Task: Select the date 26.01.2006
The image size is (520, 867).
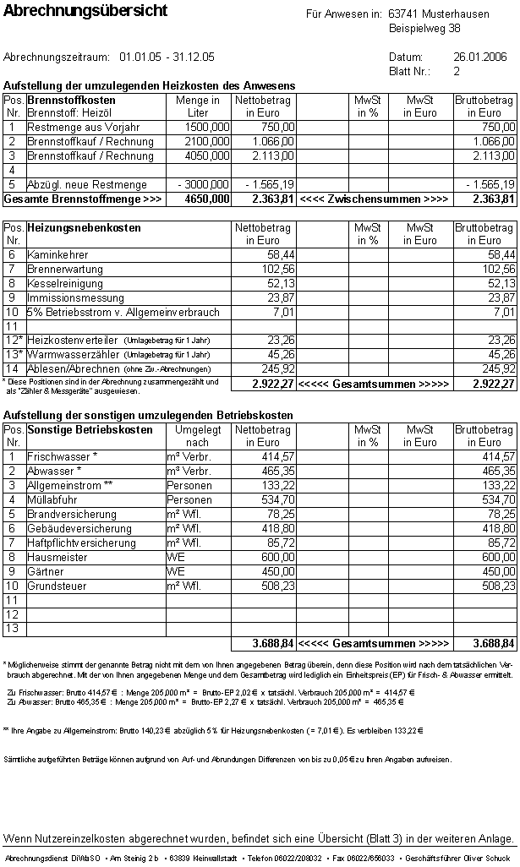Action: point(479,57)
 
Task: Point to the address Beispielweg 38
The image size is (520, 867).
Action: point(424,28)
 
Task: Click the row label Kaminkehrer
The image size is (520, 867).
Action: point(57,254)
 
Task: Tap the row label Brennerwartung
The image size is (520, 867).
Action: point(65,269)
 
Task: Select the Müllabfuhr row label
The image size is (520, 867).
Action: point(52,499)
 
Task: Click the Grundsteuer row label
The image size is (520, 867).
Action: point(56,586)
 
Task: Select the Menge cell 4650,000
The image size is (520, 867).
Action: point(207,199)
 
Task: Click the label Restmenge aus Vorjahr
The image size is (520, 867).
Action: point(83,127)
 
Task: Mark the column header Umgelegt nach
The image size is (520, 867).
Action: point(197,436)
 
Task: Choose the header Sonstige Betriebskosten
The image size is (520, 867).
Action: point(90,429)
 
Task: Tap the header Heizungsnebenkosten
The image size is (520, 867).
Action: point(84,227)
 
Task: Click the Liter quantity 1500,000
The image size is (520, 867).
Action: point(207,127)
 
